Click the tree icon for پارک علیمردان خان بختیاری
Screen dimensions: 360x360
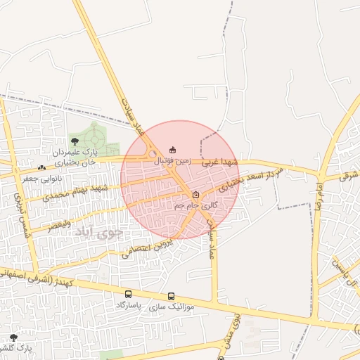pos(75,141)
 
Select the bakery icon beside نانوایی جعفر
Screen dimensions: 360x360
pos(42,167)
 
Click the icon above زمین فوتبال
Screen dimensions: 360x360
pos(173,149)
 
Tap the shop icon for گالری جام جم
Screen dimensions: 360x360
pos(195,195)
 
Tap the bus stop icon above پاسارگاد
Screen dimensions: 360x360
pos(128,295)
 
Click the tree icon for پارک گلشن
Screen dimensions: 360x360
pos(13,337)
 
